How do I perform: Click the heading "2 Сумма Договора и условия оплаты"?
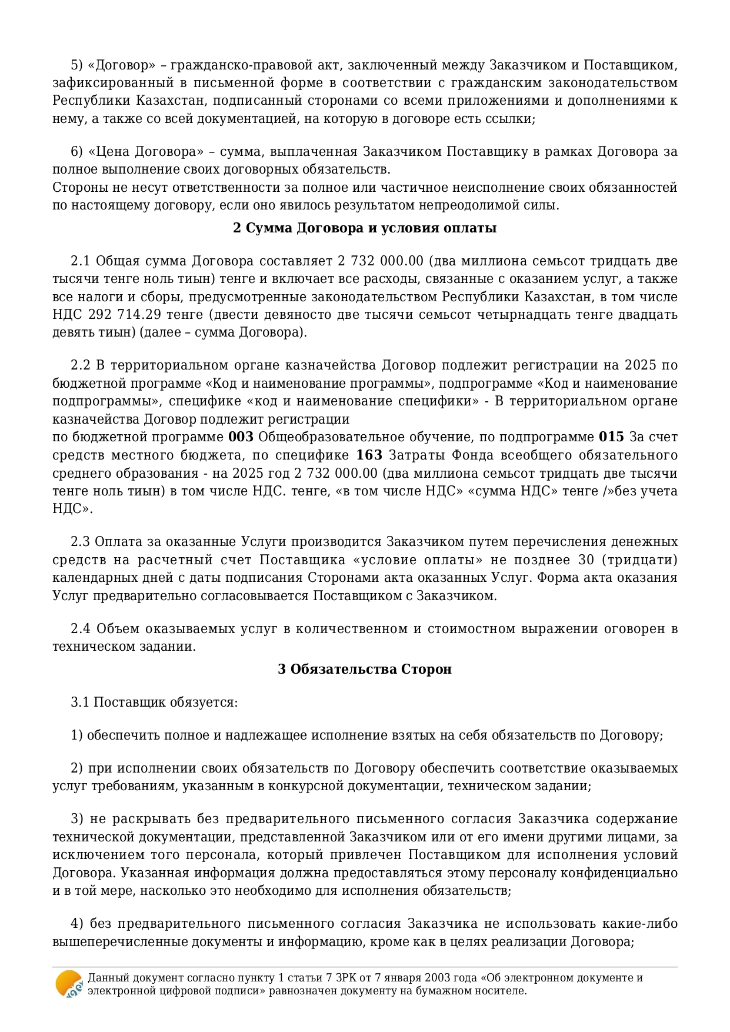(365, 228)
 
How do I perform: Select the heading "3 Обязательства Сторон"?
(365, 669)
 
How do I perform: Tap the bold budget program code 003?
(241, 437)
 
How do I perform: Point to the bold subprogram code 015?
(611, 437)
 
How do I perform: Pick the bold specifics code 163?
(369, 455)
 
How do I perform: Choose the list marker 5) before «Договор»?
(76, 65)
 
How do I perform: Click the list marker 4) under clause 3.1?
(76, 924)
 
